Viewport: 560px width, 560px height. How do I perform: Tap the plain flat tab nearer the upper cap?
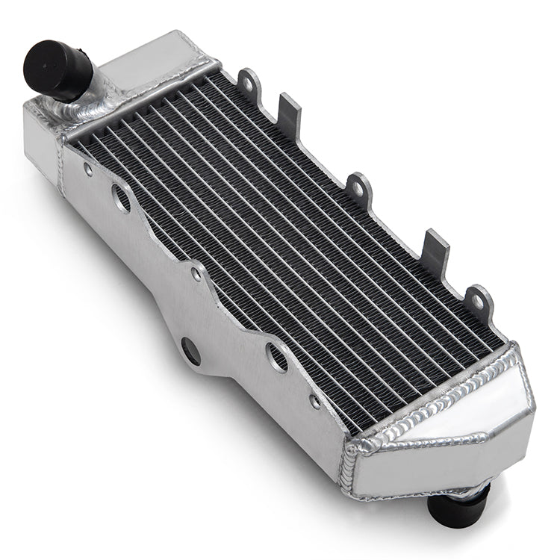pos(290,112)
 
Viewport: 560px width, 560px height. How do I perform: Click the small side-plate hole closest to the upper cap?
pos(89,170)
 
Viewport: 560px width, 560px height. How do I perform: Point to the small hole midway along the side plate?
pos(196,274)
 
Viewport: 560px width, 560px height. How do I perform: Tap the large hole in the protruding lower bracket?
pos(190,351)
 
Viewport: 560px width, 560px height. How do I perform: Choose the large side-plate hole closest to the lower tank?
pos(278,358)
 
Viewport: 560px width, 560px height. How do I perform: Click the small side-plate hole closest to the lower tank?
pos(315,401)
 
